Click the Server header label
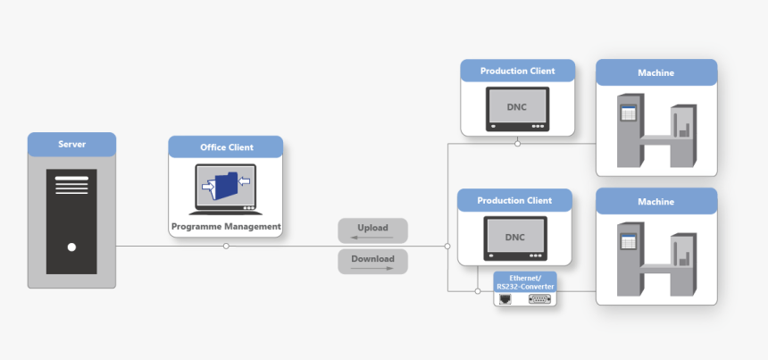pos(71,145)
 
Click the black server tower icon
pos(71,222)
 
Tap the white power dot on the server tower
pos(71,247)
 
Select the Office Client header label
pos(226,147)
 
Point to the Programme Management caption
pos(226,227)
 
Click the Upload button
pos(372,230)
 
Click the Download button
pos(372,261)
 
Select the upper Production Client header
pos(517,71)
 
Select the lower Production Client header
pos(514,200)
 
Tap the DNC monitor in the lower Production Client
pos(514,238)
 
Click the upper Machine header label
pos(656,72)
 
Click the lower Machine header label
pos(656,202)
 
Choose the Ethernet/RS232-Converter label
pos(525,282)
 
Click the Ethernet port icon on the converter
pos(506,299)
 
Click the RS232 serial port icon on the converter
pos(539,299)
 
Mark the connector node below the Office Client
pos(226,246)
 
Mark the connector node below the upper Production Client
pos(517,143)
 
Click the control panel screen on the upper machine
pos(628,113)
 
